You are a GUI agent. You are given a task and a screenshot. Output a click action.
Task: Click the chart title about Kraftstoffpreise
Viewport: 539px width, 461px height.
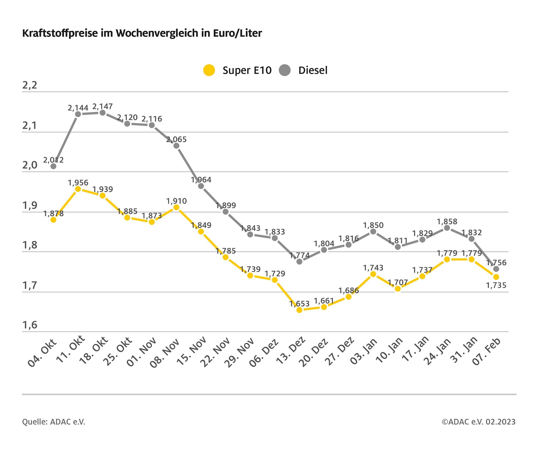142,33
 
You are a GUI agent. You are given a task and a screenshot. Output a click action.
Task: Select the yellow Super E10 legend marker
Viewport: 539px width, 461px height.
209,70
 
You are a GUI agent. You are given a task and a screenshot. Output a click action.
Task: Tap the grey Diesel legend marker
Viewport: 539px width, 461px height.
285,70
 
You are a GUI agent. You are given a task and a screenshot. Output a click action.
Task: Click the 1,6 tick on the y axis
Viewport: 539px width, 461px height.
30,325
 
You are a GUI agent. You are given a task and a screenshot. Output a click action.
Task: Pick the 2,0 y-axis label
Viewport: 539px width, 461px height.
30,165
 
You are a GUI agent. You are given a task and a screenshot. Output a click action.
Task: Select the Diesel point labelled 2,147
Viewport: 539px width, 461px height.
102,113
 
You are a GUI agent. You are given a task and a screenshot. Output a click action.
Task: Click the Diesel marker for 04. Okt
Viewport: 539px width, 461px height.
53,166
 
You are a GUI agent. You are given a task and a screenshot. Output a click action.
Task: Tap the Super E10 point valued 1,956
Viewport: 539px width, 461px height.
78,189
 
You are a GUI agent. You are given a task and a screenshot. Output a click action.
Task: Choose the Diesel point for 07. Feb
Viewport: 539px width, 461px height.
496,269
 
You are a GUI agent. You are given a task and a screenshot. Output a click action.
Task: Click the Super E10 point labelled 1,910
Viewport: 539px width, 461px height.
176,207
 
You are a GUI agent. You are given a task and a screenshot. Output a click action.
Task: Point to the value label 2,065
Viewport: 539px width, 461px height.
176,140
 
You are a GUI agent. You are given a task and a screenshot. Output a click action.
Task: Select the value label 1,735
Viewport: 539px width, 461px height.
496,285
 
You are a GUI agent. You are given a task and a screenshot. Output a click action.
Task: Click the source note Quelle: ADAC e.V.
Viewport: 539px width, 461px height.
53,421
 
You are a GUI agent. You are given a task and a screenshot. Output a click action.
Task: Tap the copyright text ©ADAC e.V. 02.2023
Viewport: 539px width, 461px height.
478,421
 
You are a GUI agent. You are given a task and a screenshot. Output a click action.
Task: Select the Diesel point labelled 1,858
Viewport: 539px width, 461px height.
447,228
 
